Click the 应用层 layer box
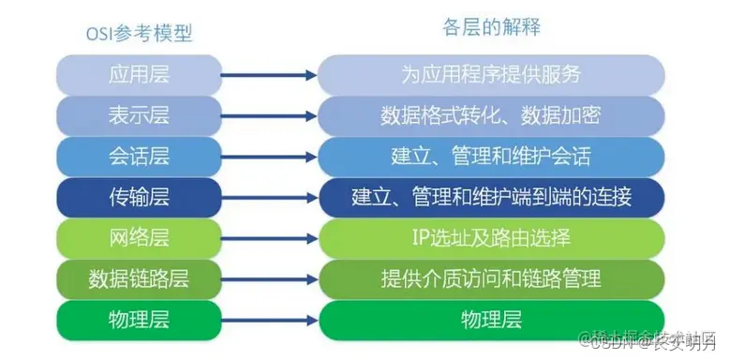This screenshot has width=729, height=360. pyautogui.click(x=139, y=74)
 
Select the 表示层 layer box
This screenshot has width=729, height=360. pyautogui.click(x=139, y=115)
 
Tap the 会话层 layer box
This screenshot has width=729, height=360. pyautogui.click(x=139, y=156)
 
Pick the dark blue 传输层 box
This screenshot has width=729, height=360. pyautogui.click(x=139, y=197)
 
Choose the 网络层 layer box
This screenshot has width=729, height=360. pyautogui.click(x=139, y=237)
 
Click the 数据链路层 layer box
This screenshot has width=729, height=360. pyautogui.click(x=139, y=278)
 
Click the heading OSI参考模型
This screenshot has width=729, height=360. pyautogui.click(x=139, y=34)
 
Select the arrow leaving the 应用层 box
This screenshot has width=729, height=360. pyautogui.click(x=269, y=74)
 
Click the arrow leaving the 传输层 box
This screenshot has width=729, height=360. pyautogui.click(x=269, y=197)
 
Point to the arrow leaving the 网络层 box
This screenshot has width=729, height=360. pyautogui.click(x=269, y=237)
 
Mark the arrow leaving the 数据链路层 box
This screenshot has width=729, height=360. pyautogui.click(x=269, y=278)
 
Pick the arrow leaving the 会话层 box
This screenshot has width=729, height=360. pyautogui.click(x=269, y=156)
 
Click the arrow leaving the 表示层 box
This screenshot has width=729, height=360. pyautogui.click(x=269, y=115)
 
